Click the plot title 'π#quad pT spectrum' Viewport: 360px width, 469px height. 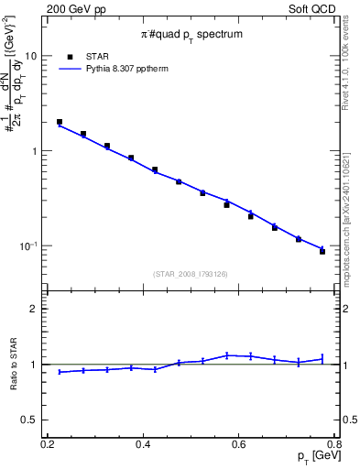point(191,35)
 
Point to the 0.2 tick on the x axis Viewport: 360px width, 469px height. point(48,444)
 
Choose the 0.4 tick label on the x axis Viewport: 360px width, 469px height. point(143,444)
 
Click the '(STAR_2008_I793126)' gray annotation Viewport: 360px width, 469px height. point(191,273)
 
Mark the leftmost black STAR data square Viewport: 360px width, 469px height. point(60,122)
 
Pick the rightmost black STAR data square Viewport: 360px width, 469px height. point(322,251)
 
